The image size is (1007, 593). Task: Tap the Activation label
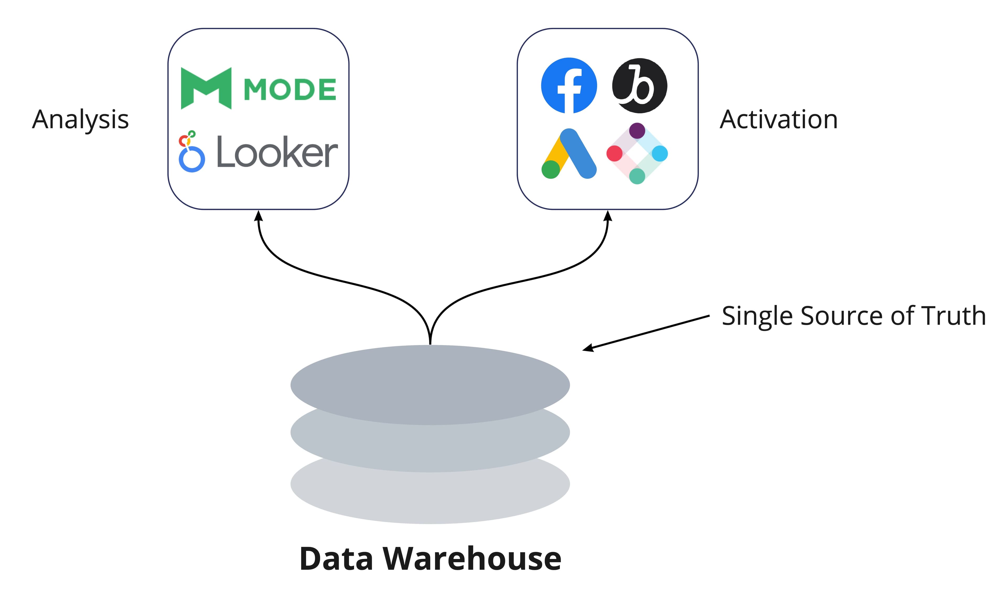click(x=778, y=120)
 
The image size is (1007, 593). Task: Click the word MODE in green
click(x=290, y=89)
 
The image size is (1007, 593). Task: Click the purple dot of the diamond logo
click(x=637, y=130)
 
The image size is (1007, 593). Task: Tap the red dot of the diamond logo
click(x=614, y=153)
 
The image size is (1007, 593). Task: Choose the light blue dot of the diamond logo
click(x=660, y=153)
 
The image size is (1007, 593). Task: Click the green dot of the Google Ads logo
click(x=551, y=170)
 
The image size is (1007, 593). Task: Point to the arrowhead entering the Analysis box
click(x=259, y=216)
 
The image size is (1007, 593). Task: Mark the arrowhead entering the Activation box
click(x=608, y=216)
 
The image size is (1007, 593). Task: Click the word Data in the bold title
click(x=336, y=559)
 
